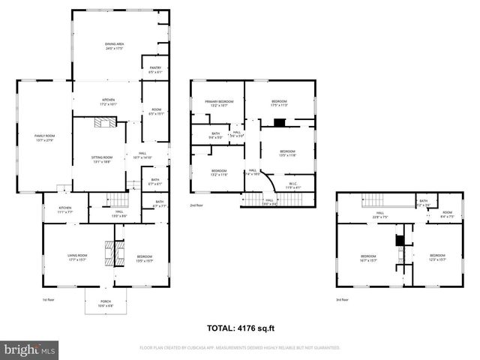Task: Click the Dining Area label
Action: click(114, 46)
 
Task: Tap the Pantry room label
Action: click(155, 70)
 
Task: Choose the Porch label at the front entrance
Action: click(106, 304)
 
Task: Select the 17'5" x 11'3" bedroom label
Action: click(279, 103)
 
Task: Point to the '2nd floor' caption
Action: click(196, 204)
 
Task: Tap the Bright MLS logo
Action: click(28, 349)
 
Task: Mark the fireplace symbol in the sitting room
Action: click(103, 125)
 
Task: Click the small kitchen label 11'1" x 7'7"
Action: click(65, 210)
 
